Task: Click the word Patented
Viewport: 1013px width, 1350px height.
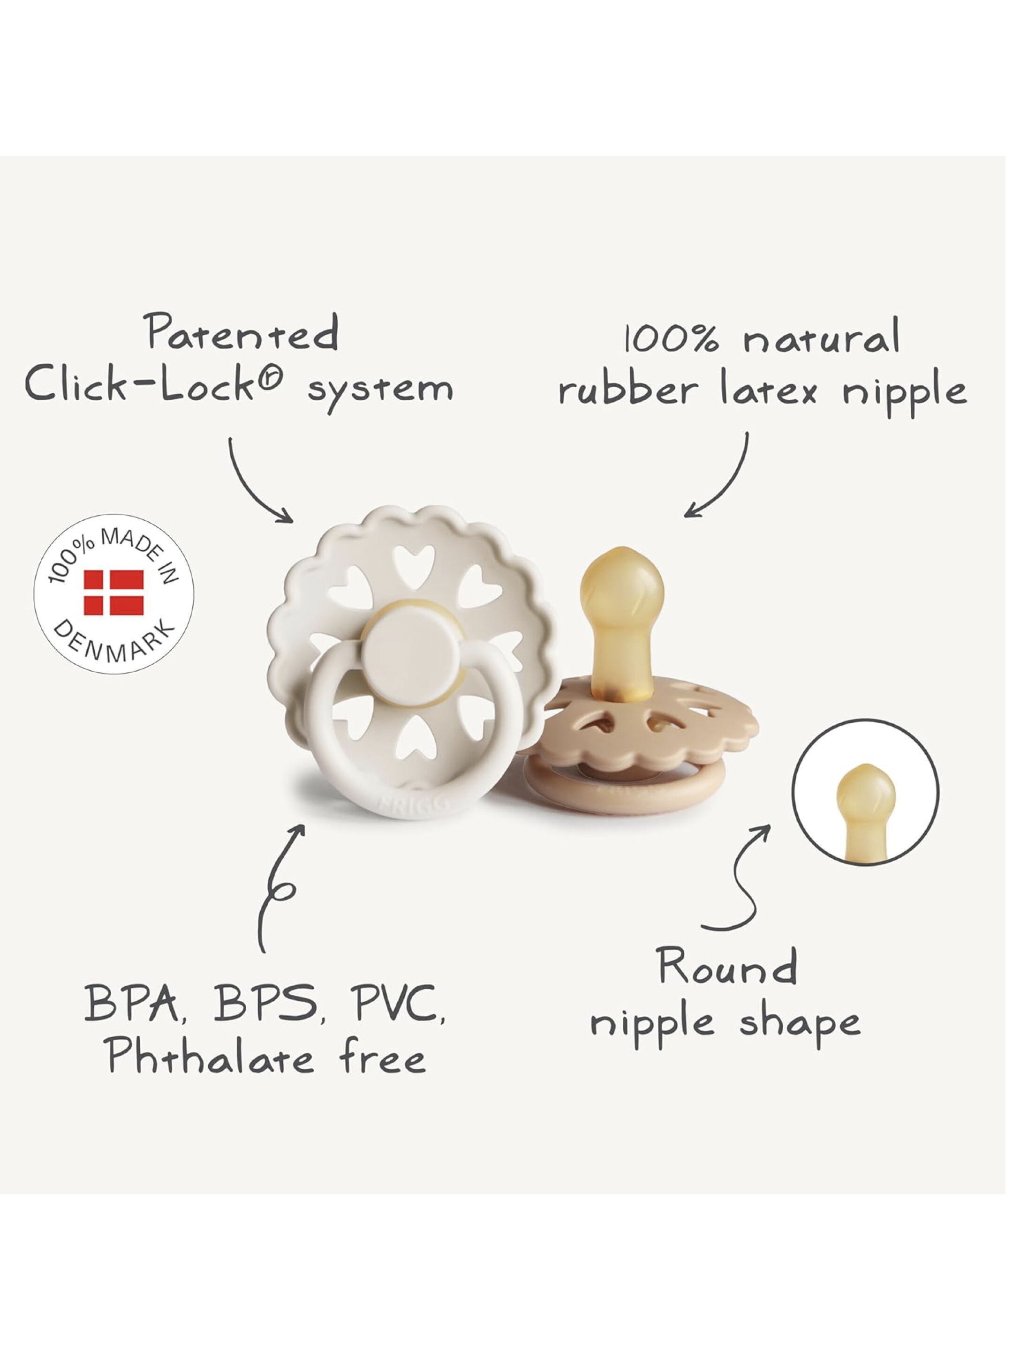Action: pos(243,333)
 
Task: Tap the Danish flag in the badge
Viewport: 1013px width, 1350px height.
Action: pos(113,592)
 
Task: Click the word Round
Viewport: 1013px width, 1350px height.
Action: pos(727,966)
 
